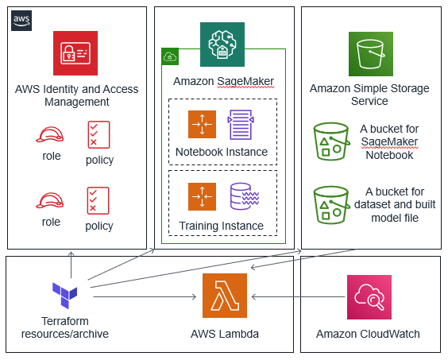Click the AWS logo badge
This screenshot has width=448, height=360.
[21, 21]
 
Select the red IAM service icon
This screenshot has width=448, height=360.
[75, 53]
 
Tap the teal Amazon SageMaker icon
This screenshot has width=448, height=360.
[222, 45]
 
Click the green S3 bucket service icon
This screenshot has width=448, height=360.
[371, 54]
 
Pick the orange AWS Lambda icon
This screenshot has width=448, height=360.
[225, 296]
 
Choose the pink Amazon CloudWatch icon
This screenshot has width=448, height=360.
[369, 297]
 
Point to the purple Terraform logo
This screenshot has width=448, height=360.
[65, 296]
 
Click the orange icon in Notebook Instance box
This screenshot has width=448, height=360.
[202, 125]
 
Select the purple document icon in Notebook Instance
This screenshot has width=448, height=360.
[241, 125]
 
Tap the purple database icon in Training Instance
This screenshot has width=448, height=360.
[245, 196]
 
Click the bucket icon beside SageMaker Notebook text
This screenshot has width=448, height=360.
[331, 141]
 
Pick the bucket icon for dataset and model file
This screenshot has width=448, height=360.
[331, 205]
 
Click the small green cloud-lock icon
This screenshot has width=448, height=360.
[170, 56]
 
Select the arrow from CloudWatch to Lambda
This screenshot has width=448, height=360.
[298, 296]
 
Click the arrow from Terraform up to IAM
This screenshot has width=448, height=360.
[71, 265]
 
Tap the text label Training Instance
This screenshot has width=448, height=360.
[221, 226]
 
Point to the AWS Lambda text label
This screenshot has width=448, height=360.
[225, 334]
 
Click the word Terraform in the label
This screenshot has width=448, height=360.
[65, 321]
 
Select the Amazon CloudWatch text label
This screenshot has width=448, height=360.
[368, 334]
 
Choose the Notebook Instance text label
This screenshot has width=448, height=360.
[222, 152]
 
